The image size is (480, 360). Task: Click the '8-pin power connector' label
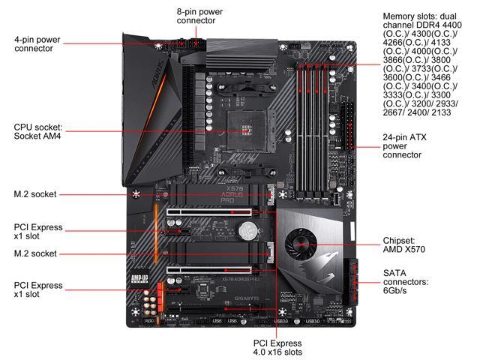tap(199, 16)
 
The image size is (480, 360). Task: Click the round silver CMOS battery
tap(239, 224)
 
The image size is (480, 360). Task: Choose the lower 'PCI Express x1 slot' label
tap(39, 290)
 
